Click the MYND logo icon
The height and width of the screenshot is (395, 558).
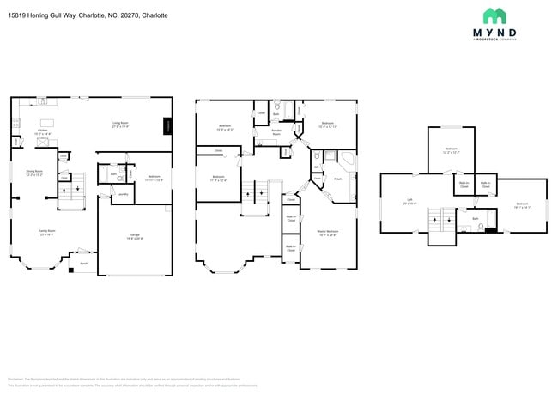click(x=494, y=15)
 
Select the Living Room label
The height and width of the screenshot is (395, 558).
click(x=120, y=125)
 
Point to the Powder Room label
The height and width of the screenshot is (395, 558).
click(x=276, y=133)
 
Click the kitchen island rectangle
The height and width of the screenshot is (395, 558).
click(x=47, y=122)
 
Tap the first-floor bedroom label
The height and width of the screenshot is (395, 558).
click(x=155, y=179)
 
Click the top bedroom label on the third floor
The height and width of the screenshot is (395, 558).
click(x=452, y=150)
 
